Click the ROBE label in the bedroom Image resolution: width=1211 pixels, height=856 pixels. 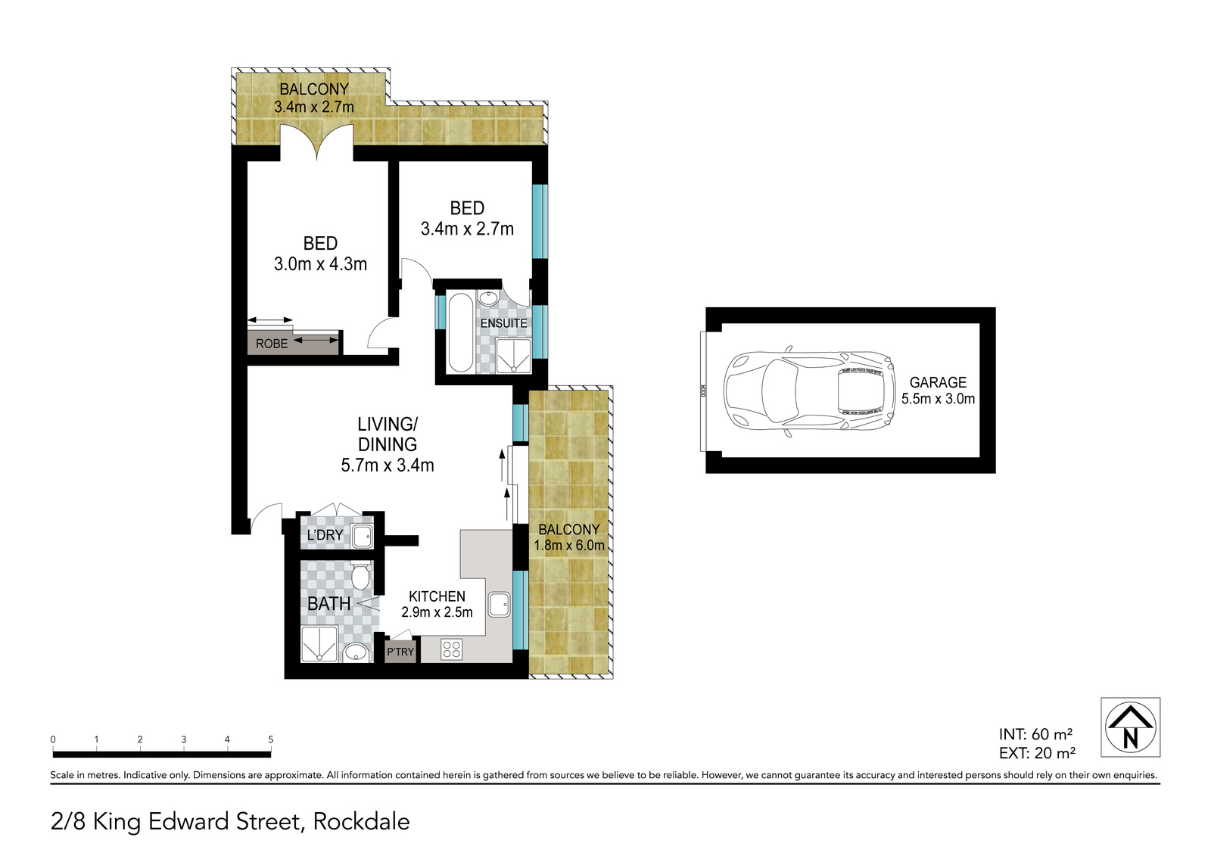pyautogui.click(x=272, y=344)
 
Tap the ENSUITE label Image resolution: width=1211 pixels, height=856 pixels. pyautogui.click(x=503, y=323)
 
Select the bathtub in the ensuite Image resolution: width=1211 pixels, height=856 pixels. pyautogui.click(x=460, y=332)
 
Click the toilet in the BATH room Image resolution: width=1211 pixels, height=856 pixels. pyautogui.click(x=360, y=574)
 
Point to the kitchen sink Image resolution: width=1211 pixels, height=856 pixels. pyautogui.click(x=499, y=604)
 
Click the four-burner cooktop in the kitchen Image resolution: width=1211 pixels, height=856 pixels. pyautogui.click(x=451, y=649)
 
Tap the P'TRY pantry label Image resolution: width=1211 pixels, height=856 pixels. pyautogui.click(x=400, y=652)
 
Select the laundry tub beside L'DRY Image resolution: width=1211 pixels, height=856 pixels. pyautogui.click(x=362, y=537)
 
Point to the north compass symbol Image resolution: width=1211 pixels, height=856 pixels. pyautogui.click(x=1131, y=727)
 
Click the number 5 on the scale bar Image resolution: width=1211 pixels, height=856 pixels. pyautogui.click(x=271, y=739)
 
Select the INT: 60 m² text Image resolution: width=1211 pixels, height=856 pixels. pyautogui.click(x=1035, y=734)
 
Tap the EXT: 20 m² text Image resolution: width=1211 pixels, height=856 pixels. pyautogui.click(x=1037, y=753)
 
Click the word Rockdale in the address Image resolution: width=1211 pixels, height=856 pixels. pyautogui.click(x=361, y=822)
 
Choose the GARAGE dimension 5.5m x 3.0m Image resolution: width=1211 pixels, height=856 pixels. pyautogui.click(x=938, y=399)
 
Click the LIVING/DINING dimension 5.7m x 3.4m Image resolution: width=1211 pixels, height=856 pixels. pyautogui.click(x=387, y=465)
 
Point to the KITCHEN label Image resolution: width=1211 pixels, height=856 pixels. pyautogui.click(x=437, y=596)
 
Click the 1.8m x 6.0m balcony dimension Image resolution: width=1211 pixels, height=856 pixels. pyautogui.click(x=568, y=545)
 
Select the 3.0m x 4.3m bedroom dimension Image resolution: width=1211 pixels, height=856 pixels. pyautogui.click(x=320, y=264)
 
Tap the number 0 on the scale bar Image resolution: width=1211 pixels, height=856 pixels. pyautogui.click(x=53, y=739)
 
